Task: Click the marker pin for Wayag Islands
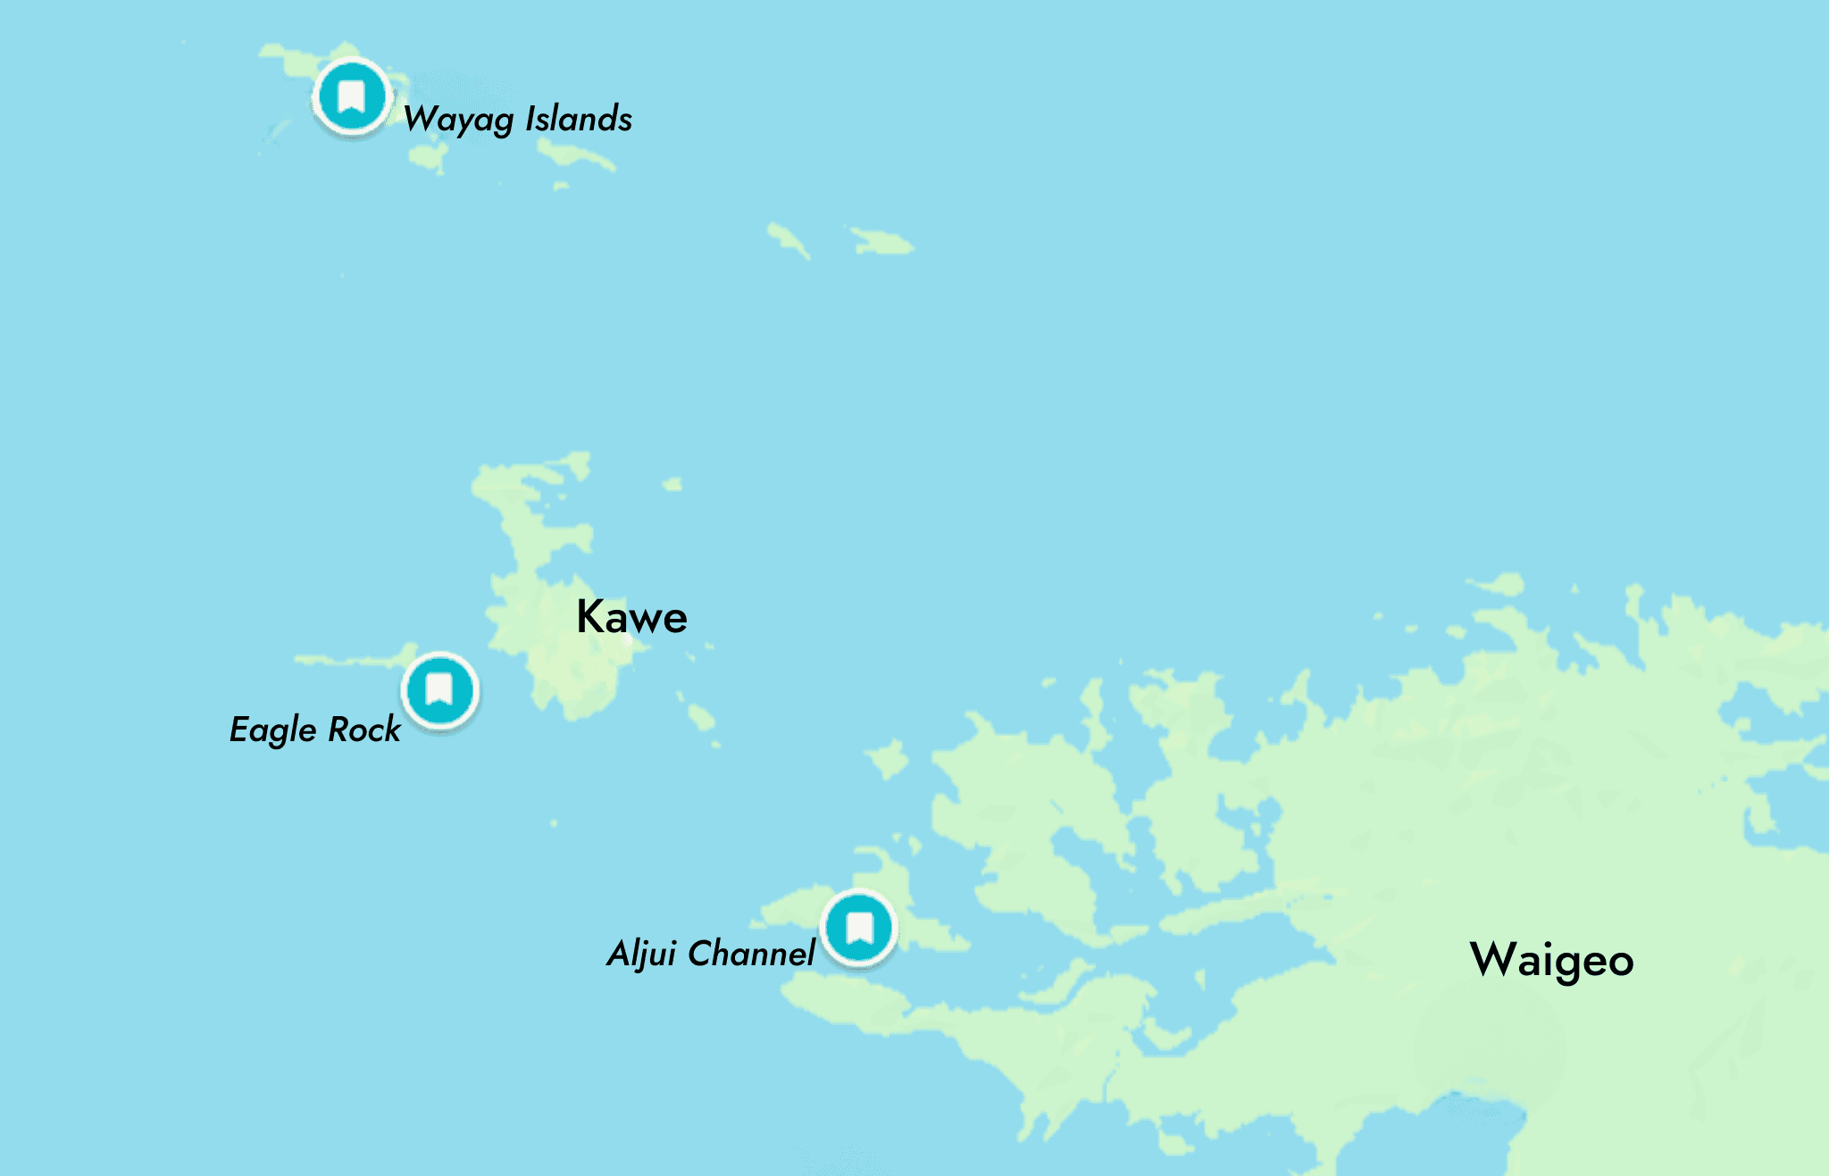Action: pos(352,96)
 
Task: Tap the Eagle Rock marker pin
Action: pos(439,690)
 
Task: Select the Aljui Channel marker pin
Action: pos(859,928)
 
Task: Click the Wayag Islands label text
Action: pos(517,120)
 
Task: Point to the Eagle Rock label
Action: pos(314,730)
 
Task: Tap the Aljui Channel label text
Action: pos(710,954)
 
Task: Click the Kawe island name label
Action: pos(631,617)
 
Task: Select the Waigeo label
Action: pos(1551,960)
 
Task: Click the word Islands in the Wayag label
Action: pos(579,119)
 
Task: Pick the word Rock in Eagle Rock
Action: pos(364,730)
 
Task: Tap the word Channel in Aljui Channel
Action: pos(751,954)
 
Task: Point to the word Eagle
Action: pos(272,730)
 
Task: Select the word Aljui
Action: pos(642,955)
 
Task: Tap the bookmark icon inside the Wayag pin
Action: pos(352,95)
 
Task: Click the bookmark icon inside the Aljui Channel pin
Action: pos(859,927)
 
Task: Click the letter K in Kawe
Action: pos(591,616)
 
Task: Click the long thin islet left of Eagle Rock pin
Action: pos(344,661)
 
